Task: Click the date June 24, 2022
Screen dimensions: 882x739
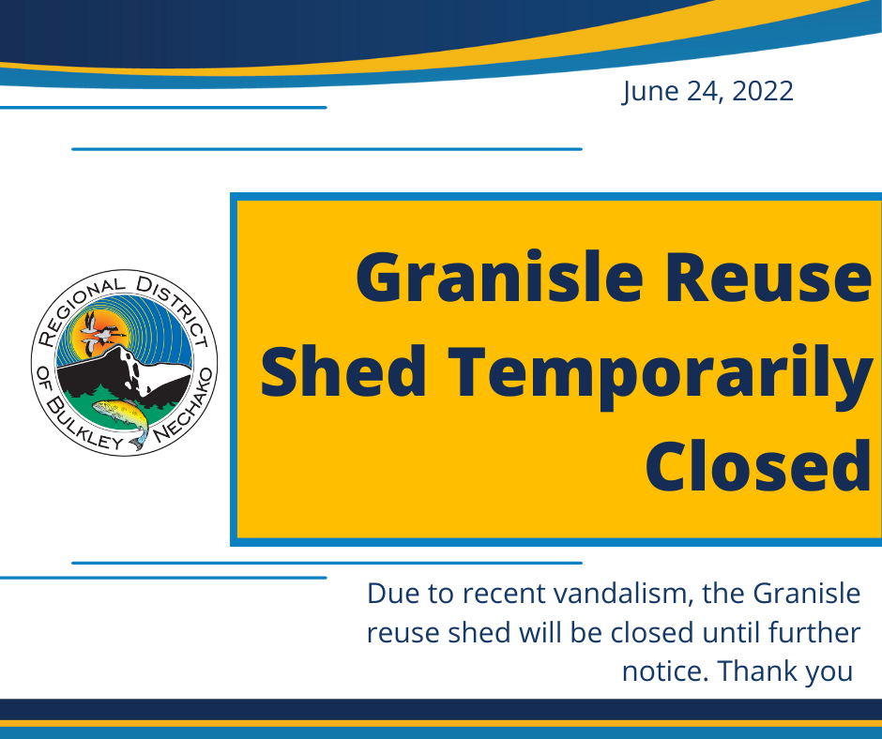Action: tap(707, 92)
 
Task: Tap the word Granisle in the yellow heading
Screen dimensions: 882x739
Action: tap(499, 278)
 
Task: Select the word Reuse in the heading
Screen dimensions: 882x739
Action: tap(768, 279)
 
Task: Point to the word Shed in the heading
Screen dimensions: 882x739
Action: tap(343, 371)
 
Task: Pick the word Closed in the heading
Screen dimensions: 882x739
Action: tap(758, 466)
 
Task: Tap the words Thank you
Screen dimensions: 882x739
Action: tap(785, 671)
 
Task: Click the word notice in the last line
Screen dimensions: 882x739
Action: tap(665, 671)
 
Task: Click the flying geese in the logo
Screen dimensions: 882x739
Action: tap(99, 334)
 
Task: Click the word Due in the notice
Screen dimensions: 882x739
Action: tap(392, 594)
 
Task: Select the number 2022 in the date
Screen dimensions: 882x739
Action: tap(763, 91)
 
